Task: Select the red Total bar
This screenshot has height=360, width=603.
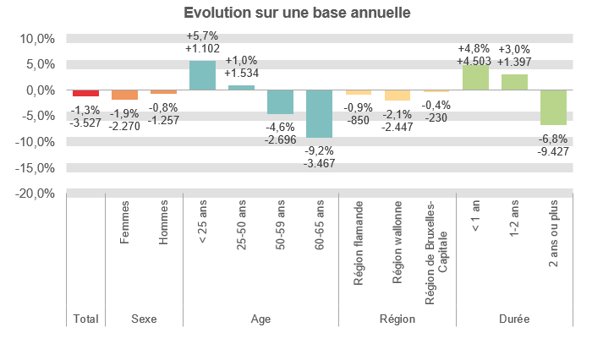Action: click(85, 93)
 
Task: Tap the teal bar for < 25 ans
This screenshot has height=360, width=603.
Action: click(202, 75)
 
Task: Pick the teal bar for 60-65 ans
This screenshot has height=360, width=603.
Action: click(319, 113)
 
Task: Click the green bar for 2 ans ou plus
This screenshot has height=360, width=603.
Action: click(553, 107)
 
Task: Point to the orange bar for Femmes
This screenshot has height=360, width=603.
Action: click(124, 95)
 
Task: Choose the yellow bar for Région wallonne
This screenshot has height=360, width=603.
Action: click(397, 95)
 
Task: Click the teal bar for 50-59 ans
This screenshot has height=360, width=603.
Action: click(280, 101)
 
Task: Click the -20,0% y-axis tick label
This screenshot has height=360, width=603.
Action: click(35, 194)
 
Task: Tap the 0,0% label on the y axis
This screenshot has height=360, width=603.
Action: click(38, 90)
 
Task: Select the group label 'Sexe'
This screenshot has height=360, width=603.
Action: click(144, 319)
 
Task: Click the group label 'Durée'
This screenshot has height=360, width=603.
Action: click(514, 319)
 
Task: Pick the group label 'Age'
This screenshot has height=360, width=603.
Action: click(260, 319)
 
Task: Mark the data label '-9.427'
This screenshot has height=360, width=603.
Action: click(553, 152)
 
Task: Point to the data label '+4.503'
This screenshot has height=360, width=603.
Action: click(475, 61)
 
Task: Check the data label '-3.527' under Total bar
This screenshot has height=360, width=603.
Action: click(85, 123)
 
